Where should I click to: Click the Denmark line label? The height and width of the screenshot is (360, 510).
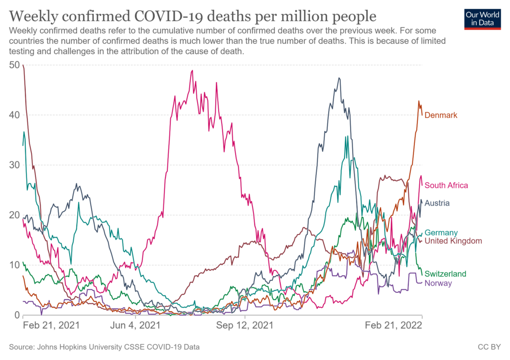click(441, 115)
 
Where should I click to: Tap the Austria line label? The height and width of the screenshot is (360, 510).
click(437, 203)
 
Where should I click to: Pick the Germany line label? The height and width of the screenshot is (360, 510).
click(441, 233)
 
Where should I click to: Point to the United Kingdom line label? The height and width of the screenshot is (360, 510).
click(453, 241)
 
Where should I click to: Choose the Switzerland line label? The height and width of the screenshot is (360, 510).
click(445, 274)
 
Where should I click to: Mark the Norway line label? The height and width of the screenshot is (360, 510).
click(438, 283)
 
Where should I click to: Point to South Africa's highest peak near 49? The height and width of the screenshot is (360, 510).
click(192, 70)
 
